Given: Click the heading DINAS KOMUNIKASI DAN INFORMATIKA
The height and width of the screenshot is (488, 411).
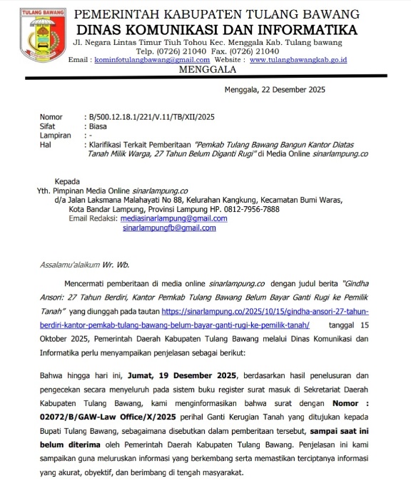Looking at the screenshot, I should [x=216, y=29].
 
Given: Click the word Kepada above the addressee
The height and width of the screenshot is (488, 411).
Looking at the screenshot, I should [x=68, y=181].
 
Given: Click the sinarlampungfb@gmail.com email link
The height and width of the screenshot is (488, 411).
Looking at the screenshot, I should [x=169, y=228].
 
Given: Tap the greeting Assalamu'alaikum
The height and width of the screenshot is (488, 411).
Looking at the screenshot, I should [x=71, y=265].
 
